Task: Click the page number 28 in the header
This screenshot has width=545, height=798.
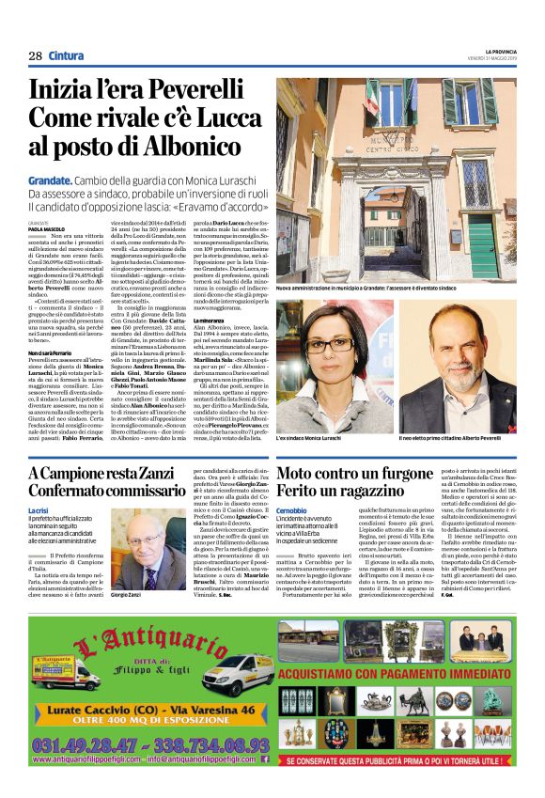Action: click(35, 55)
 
